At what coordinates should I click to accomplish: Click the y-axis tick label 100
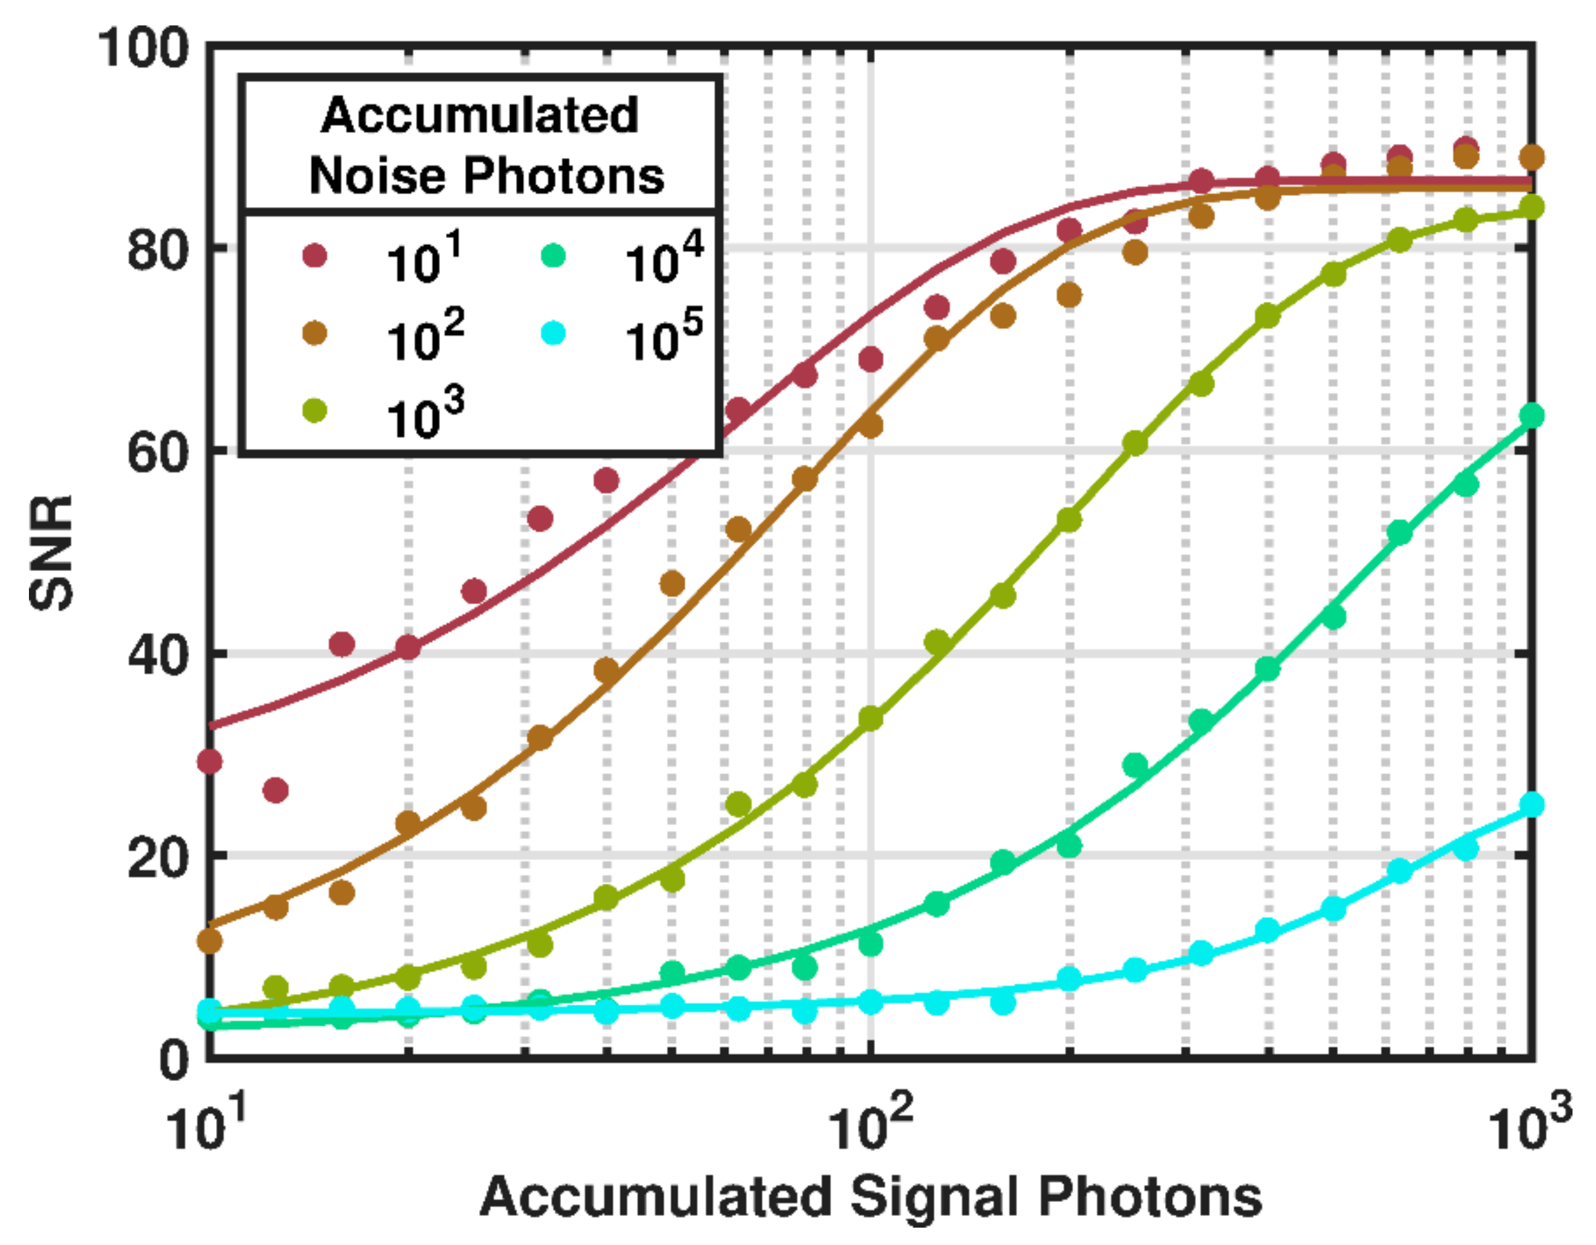pyautogui.click(x=143, y=49)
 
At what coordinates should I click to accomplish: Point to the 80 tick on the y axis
pyautogui.click(x=157, y=251)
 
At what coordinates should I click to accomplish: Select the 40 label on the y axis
pyautogui.click(x=157, y=655)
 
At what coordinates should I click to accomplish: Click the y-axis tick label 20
pyautogui.click(x=157, y=858)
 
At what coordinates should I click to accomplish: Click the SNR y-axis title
pyautogui.click(x=52, y=553)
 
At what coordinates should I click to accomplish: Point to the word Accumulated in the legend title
pyautogui.click(x=480, y=116)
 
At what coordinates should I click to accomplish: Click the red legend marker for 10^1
pyautogui.click(x=314, y=256)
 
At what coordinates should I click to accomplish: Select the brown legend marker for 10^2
pyautogui.click(x=314, y=334)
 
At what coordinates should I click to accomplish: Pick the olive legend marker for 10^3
pyautogui.click(x=314, y=412)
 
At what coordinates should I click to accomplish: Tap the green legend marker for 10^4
pyautogui.click(x=554, y=256)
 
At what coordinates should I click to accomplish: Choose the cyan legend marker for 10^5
pyautogui.click(x=554, y=334)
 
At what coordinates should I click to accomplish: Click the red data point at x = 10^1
pyautogui.click(x=210, y=762)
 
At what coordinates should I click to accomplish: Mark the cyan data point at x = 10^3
pyautogui.click(x=1532, y=805)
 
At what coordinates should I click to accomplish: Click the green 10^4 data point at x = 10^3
pyautogui.click(x=1532, y=415)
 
